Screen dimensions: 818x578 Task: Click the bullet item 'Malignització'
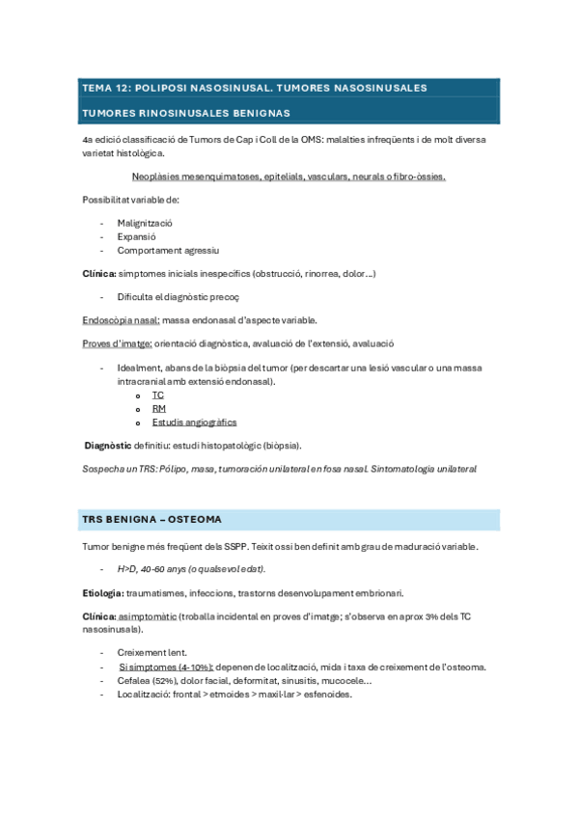click(146, 222)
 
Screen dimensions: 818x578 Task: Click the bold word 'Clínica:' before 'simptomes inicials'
click(98, 274)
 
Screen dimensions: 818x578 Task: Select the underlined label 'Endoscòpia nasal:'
click(122, 320)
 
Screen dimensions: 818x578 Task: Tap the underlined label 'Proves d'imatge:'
click(118, 343)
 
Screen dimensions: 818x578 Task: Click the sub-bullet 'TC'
click(158, 395)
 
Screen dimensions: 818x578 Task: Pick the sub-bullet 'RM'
click(159, 409)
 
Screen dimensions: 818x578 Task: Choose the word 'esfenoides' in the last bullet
click(329, 694)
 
